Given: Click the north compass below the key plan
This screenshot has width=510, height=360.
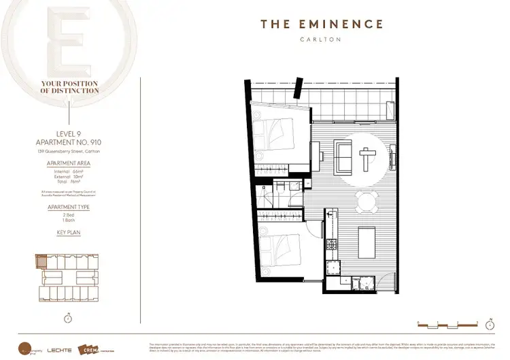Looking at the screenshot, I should (67, 317).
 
